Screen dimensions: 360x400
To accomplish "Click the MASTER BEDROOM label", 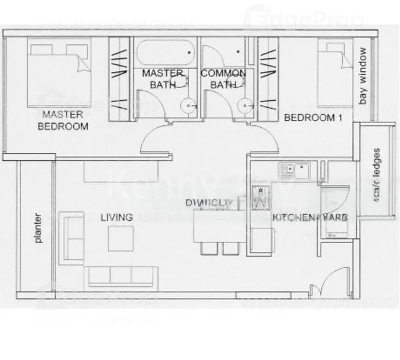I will pyautogui.click(x=63, y=120).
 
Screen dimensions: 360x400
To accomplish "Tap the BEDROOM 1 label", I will pyautogui.click(x=312, y=118).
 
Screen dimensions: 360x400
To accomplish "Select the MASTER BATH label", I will pyautogui.click(x=162, y=79).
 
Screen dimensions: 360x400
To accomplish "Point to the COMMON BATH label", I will pyautogui.click(x=223, y=79).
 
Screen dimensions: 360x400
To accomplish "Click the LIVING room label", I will pyautogui.click(x=117, y=217).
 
